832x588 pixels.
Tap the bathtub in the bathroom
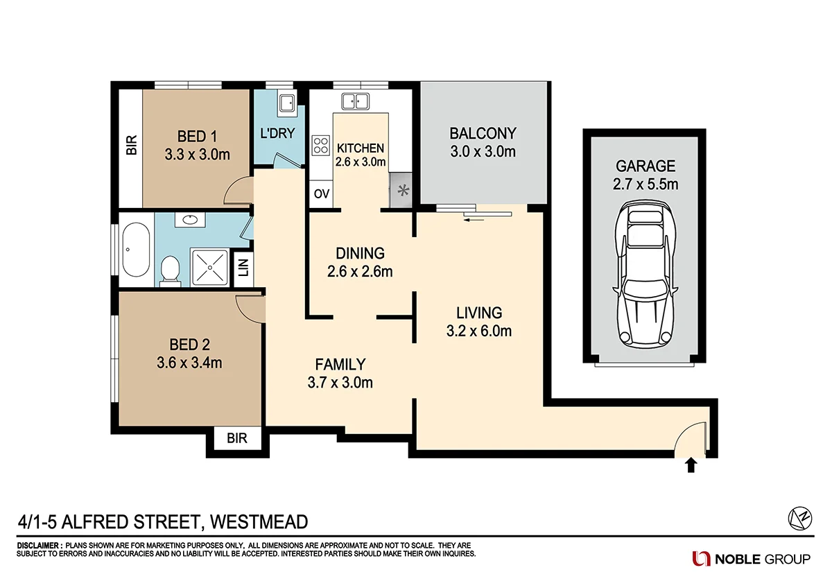136,250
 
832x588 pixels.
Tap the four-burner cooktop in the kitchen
321,146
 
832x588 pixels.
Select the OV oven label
321,193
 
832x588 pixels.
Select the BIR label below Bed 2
236,438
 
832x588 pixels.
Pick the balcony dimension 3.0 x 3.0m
483,151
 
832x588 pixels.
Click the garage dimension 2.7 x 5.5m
646,184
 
